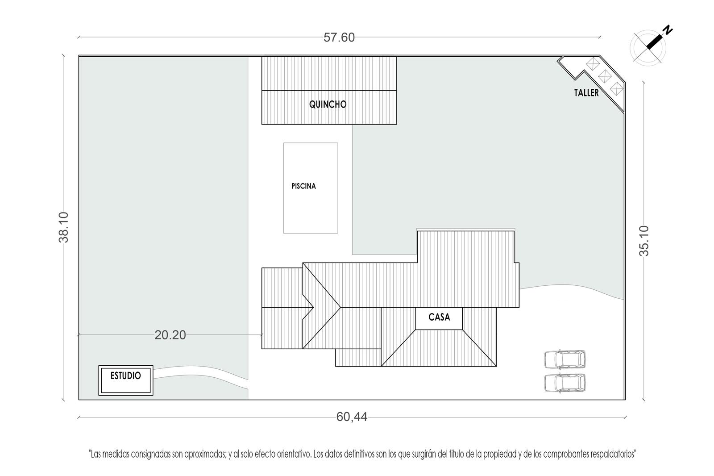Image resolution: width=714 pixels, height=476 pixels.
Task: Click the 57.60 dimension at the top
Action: pos(339,38)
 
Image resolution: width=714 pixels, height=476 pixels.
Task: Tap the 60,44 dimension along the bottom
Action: pos(352,417)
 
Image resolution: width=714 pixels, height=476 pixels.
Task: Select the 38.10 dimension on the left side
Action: pos(64,227)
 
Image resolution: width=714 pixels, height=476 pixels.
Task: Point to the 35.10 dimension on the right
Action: pos(644,241)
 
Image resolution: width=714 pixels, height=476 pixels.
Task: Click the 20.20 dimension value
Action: pos(170,335)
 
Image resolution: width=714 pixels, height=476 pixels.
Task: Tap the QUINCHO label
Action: pos(328,104)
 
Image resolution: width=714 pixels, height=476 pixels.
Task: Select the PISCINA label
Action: pos(303,186)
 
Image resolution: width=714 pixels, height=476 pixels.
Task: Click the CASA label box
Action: pos(439,318)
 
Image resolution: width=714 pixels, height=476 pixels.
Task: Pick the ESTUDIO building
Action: pos(125,380)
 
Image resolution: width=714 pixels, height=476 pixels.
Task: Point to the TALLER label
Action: pos(586,93)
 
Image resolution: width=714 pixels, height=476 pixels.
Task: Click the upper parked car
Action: pos(565,359)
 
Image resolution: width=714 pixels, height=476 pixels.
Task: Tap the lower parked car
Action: pos(565,383)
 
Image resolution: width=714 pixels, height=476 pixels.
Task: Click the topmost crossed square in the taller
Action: pos(593,64)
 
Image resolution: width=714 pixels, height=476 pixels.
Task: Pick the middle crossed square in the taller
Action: pos(605,76)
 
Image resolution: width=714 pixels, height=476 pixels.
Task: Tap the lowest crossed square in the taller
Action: pos(616,89)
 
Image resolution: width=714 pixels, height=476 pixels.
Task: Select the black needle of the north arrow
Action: pos(654,43)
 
